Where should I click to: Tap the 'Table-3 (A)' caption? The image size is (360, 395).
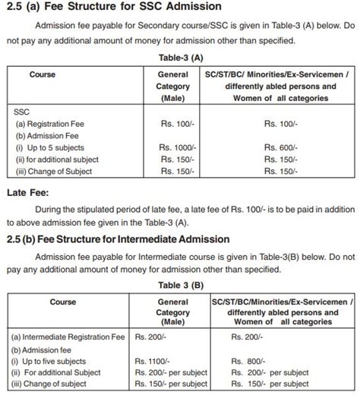coord(180,57)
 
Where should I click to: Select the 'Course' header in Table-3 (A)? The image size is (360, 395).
coord(43,74)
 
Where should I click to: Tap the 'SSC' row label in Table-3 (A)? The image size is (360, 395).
coord(22,111)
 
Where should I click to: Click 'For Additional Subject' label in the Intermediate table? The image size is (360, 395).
coord(61,373)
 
